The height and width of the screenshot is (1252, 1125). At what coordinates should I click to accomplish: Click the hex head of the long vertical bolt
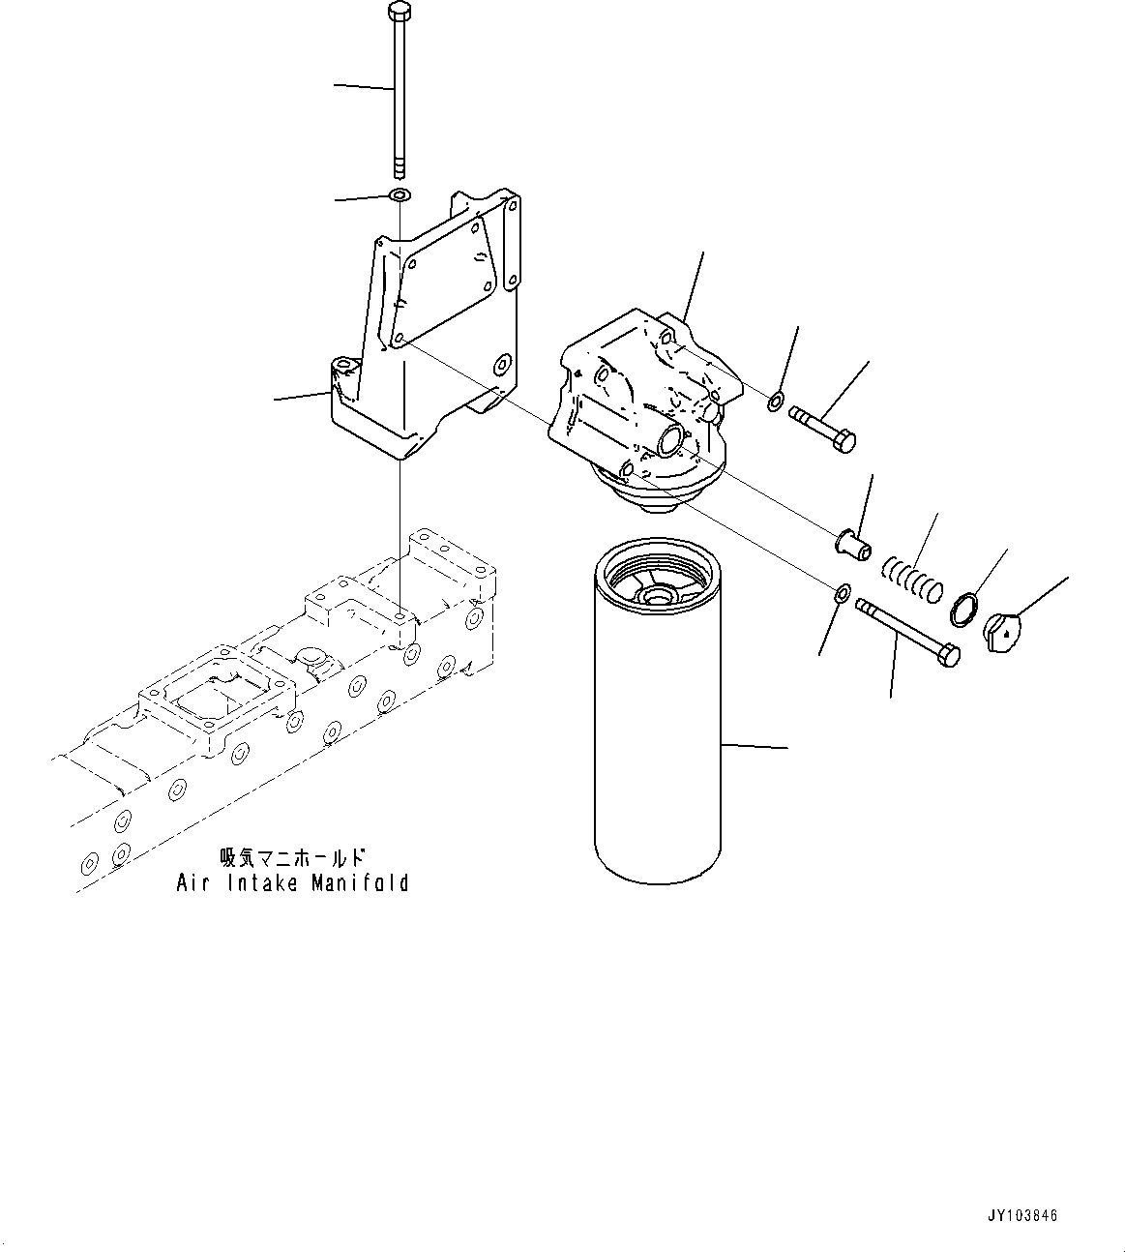click(x=397, y=13)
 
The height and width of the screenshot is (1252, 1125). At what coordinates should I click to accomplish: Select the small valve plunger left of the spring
click(x=852, y=538)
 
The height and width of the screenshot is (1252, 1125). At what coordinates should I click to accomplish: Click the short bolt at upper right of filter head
click(x=823, y=430)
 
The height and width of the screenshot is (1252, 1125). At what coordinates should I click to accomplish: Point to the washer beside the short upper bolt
click(x=776, y=402)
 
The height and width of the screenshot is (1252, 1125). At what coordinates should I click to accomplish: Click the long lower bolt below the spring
click(x=908, y=632)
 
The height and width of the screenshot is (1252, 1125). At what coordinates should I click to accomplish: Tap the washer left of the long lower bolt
click(x=842, y=592)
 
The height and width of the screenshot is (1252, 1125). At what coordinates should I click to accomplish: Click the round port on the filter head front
click(x=669, y=443)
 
